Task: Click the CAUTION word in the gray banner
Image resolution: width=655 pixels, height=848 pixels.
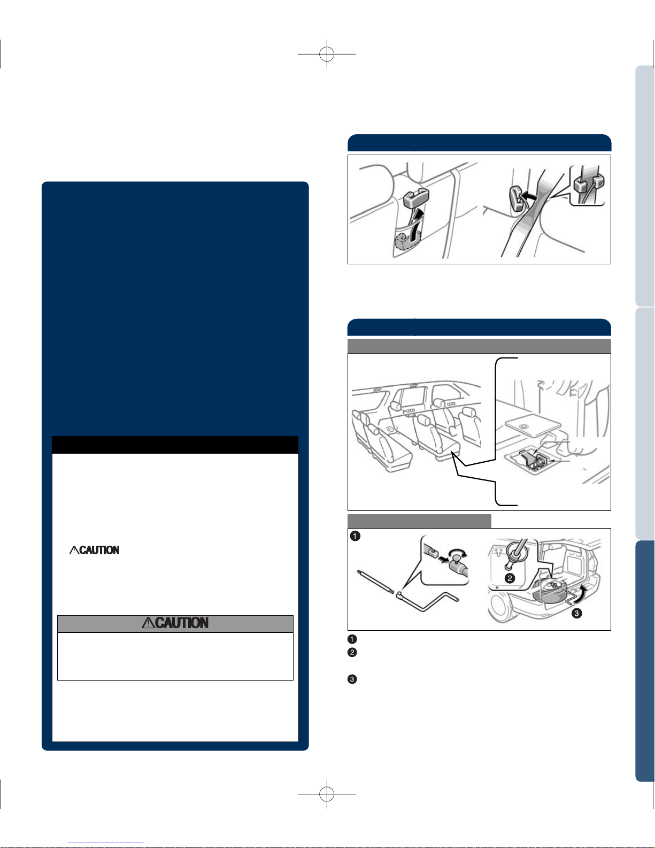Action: pos(182,623)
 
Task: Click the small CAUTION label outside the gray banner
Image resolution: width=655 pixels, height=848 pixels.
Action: pos(99,550)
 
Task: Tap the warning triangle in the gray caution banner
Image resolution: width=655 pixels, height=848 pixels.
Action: pos(148,623)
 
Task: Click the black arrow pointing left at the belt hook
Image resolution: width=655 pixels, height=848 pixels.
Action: pos(529,195)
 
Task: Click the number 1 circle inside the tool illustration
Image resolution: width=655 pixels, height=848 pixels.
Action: pos(355,536)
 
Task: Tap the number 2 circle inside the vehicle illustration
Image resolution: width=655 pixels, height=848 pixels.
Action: pos(510,578)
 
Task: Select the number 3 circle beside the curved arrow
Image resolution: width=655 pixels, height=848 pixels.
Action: pos(576,614)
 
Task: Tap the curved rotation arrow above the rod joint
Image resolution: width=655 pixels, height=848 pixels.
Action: pos(458,553)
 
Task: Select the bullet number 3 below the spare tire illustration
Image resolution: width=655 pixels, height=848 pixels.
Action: pos(352,679)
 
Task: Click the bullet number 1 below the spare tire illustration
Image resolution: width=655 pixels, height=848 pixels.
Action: pos(352,639)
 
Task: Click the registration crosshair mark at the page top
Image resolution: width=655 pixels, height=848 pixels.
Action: pos(327,54)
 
